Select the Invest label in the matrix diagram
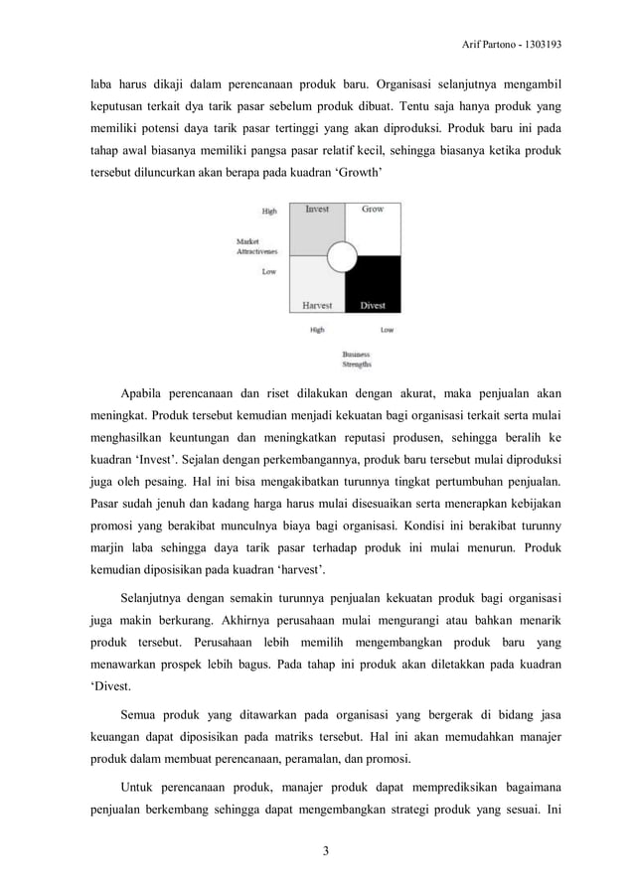tap(317, 210)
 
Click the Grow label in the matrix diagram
tap(373, 210)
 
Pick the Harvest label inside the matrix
tap(317, 305)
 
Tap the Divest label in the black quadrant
tap(373, 305)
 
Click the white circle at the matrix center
tap(343, 257)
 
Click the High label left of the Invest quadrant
tap(269, 212)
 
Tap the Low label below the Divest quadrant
tap(387, 330)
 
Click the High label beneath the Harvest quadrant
tap(317, 330)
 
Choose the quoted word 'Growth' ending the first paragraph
tap(356, 171)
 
